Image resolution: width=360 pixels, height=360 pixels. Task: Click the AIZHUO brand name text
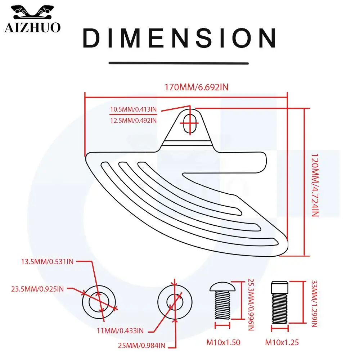pyautogui.click(x=32, y=27)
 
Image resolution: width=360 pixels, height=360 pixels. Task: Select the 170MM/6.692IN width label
pyautogui.click(x=197, y=87)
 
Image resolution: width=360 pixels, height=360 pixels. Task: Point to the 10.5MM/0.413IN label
pyautogui.click(x=133, y=109)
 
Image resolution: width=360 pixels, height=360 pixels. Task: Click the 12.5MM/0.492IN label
pyautogui.click(x=133, y=120)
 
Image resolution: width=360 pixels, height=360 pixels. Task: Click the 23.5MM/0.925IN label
pyautogui.click(x=37, y=288)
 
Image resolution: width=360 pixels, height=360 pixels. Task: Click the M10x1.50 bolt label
pyautogui.click(x=223, y=343)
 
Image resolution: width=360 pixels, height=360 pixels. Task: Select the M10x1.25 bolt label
pyautogui.click(x=282, y=343)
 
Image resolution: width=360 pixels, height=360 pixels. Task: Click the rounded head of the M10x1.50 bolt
pyautogui.click(x=222, y=287)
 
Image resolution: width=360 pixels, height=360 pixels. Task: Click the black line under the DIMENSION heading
pyautogui.click(x=179, y=63)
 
